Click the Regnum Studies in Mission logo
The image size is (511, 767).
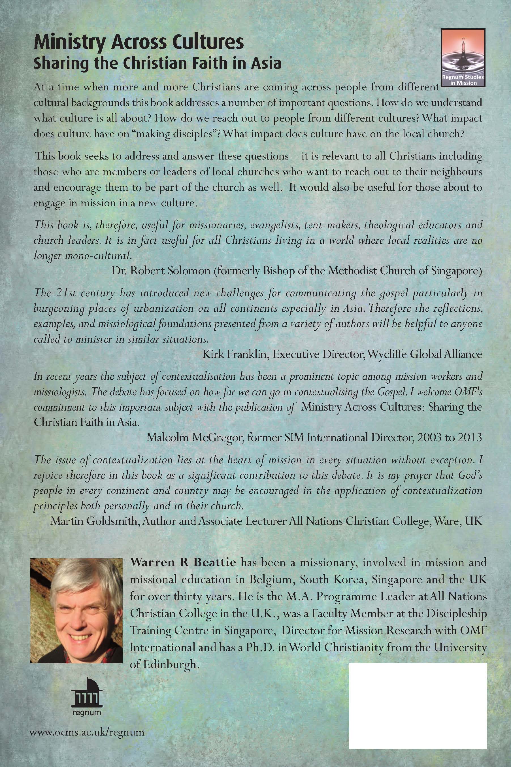(x=463, y=57)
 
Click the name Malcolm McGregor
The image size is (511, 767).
(x=195, y=437)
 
